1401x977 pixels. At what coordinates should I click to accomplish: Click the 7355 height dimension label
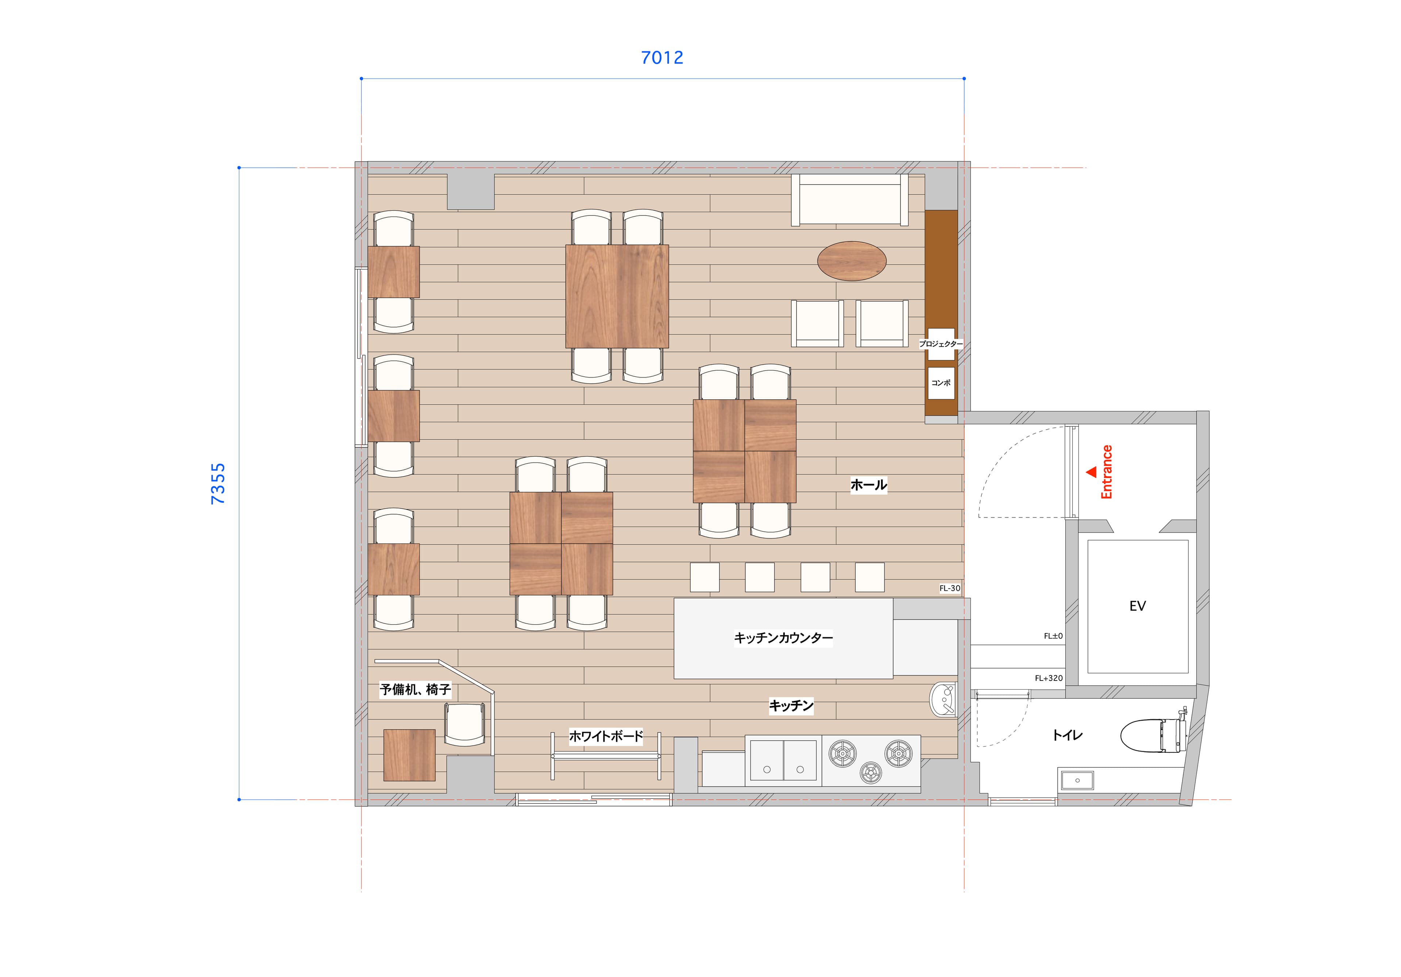(218, 484)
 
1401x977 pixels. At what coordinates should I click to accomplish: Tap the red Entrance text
(1106, 472)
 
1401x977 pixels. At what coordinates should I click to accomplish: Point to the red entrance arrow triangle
(1091, 472)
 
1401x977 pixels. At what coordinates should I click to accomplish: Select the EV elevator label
(1137, 606)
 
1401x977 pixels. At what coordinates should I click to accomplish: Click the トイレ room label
(1067, 735)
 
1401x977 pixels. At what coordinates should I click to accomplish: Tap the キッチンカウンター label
(783, 638)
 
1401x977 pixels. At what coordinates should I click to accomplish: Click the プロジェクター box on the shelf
(941, 344)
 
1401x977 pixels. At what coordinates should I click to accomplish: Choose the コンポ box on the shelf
(941, 383)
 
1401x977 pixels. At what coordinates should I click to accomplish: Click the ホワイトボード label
(606, 736)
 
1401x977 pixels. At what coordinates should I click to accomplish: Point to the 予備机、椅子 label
(415, 689)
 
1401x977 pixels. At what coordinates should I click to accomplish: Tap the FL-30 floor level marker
(949, 589)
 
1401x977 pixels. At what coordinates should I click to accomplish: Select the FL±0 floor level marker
(1053, 636)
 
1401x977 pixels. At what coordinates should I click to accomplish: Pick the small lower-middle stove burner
(871, 773)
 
